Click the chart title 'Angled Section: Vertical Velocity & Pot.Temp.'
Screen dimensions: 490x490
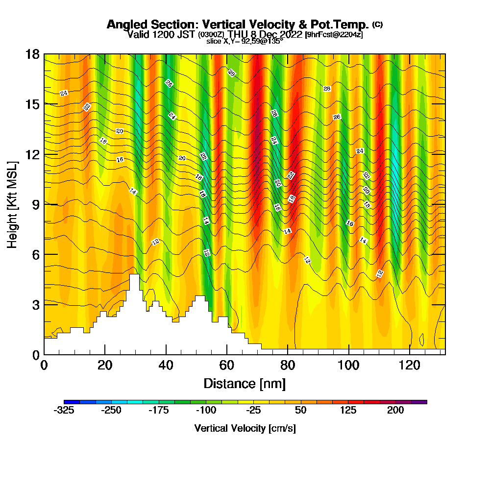(x=238, y=24)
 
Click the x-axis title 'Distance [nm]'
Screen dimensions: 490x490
(x=245, y=383)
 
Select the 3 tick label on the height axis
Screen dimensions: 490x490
(x=35, y=304)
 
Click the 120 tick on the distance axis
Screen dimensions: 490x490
(x=410, y=365)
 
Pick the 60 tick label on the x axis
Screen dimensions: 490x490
(x=227, y=365)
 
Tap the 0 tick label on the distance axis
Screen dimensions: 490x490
(x=44, y=365)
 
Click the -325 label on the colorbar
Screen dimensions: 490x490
(x=64, y=410)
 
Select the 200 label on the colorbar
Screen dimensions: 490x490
(x=396, y=410)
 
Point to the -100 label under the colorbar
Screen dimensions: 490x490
(x=206, y=410)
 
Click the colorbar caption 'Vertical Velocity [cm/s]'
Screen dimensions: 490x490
(x=245, y=428)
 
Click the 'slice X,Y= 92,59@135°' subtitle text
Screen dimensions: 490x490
(x=245, y=41)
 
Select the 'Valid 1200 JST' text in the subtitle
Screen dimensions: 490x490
(x=161, y=34)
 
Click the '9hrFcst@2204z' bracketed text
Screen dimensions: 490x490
(x=334, y=34)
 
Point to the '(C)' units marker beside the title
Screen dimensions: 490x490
(x=377, y=24)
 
